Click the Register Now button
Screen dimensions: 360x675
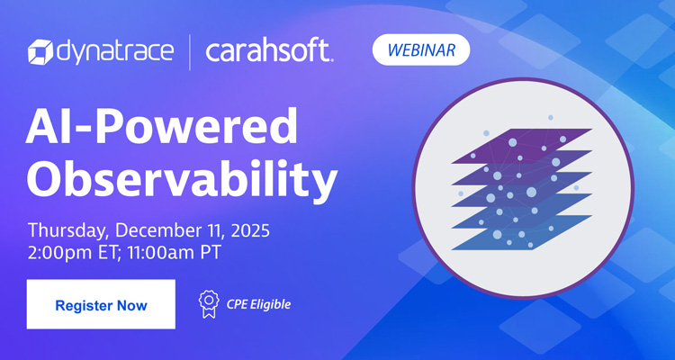click(101, 304)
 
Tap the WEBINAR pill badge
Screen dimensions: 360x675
click(421, 49)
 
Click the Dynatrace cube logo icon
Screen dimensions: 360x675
click(41, 52)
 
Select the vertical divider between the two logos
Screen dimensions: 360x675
click(190, 52)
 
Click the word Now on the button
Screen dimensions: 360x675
click(131, 305)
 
